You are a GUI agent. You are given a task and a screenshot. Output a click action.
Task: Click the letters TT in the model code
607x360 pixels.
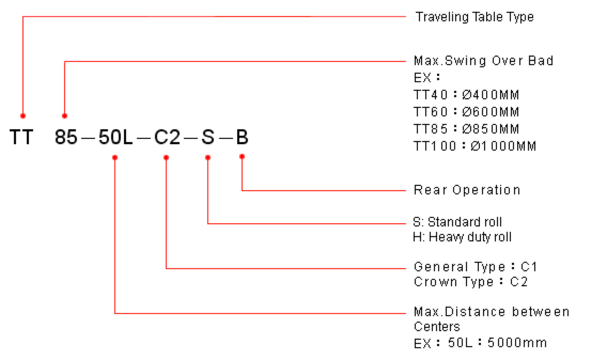pyautogui.click(x=21, y=138)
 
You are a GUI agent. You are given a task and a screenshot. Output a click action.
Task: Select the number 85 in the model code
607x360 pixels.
pyautogui.click(x=66, y=138)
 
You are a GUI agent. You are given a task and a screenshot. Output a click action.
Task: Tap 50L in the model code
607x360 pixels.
pyautogui.click(x=115, y=138)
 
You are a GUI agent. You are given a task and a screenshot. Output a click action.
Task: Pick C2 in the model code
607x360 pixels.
pyautogui.click(x=167, y=138)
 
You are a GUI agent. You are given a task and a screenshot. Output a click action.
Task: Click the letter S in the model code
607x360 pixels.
pyautogui.click(x=208, y=138)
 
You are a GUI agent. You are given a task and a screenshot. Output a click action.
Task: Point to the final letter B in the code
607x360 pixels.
pyautogui.click(x=242, y=138)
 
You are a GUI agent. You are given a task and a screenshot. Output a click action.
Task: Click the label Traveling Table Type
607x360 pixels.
pyautogui.click(x=474, y=17)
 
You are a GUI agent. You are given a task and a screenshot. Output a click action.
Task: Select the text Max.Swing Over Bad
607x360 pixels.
pyautogui.click(x=483, y=61)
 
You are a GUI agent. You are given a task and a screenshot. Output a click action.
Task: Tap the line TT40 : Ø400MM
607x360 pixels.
pyautogui.click(x=466, y=95)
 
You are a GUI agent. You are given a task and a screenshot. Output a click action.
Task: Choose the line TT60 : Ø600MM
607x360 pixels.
pyautogui.click(x=466, y=112)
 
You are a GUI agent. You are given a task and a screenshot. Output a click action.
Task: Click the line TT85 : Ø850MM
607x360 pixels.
pyautogui.click(x=466, y=129)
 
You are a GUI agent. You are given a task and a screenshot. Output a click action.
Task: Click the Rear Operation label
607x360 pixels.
pyautogui.click(x=467, y=190)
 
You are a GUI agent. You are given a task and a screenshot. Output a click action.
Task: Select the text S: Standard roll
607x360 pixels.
pyautogui.click(x=457, y=222)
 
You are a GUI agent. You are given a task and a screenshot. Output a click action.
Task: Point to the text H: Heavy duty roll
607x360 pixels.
pyautogui.click(x=462, y=237)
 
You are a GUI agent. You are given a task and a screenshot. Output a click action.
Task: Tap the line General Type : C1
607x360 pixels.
pyautogui.click(x=475, y=267)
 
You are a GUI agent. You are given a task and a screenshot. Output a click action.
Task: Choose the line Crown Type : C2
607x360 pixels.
pyautogui.click(x=471, y=282)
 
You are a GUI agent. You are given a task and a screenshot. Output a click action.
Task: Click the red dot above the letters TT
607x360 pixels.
pyautogui.click(x=23, y=115)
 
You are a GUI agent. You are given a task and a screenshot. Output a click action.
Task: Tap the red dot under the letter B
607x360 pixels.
pyautogui.click(x=242, y=156)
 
